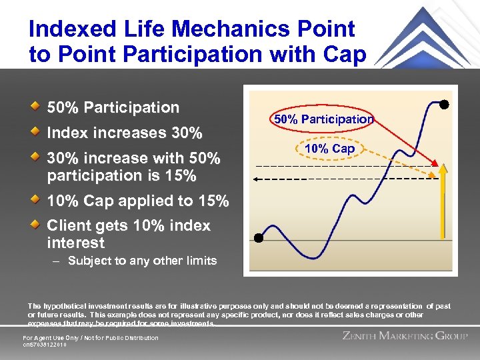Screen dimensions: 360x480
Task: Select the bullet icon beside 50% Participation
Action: tap(35, 107)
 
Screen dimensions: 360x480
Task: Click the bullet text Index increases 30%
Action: tap(124, 133)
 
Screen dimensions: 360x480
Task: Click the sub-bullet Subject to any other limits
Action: tap(142, 261)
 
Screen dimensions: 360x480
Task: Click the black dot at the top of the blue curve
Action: tap(443, 105)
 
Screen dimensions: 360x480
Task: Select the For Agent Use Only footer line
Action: tap(91, 338)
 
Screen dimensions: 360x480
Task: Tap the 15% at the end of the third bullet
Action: tap(181, 177)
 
